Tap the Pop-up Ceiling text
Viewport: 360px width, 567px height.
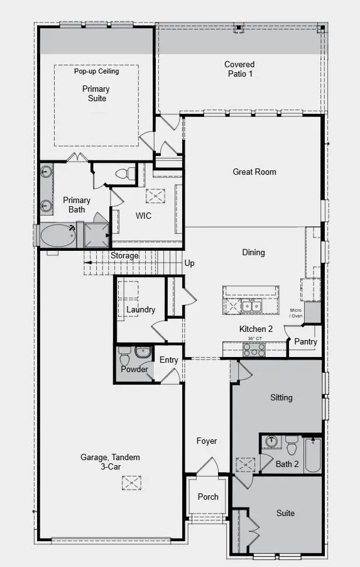(x=96, y=71)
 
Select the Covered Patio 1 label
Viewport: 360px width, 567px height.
(x=240, y=69)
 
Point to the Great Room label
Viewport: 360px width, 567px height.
(x=254, y=172)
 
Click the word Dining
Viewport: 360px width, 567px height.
(x=253, y=252)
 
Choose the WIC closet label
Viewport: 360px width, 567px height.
(x=144, y=216)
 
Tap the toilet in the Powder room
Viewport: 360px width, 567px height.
(x=124, y=358)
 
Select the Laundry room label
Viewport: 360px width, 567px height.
(x=141, y=310)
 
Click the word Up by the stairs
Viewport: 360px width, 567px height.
(x=190, y=263)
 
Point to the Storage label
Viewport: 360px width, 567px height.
(x=124, y=256)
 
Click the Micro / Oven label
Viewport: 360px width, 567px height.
(x=296, y=313)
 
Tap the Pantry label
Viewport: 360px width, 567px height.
(x=305, y=342)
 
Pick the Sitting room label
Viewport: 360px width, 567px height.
(x=281, y=397)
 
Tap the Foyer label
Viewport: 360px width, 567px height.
(x=207, y=441)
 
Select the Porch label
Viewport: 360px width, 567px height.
(x=208, y=496)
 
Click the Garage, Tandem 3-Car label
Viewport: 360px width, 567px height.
(x=110, y=462)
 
